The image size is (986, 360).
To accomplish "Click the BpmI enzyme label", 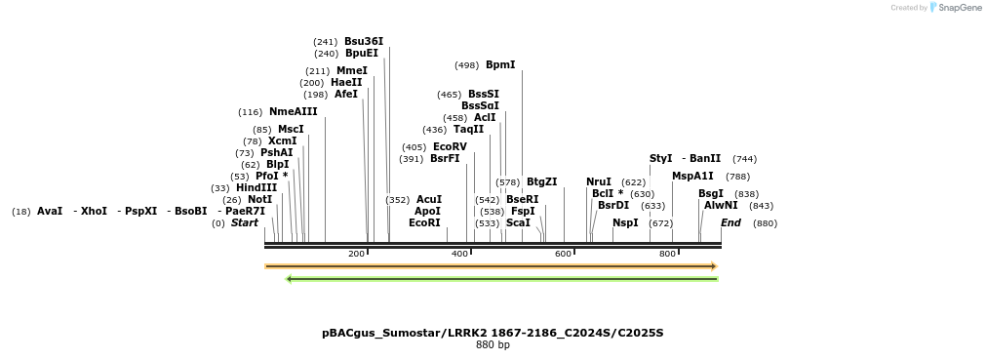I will coord(500,65).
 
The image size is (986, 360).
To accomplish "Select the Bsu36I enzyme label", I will coord(364,41).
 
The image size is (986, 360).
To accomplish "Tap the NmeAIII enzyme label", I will coord(294,112).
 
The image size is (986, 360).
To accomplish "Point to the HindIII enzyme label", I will coord(256,187).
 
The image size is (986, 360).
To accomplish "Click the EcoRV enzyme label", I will coord(450,146).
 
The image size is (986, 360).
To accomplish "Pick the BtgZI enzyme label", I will coord(541,181).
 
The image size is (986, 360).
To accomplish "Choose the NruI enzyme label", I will coord(599,181).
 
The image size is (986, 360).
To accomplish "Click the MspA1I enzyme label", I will coord(692,176).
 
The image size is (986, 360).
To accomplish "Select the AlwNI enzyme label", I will coord(721,205).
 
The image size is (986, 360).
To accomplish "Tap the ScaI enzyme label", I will coord(518,222).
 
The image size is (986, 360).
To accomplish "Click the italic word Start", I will coord(245,222).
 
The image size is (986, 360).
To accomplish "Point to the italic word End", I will coord(730,222).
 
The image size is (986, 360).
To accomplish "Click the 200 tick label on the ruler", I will coord(357,254).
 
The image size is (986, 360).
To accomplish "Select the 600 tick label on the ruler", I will coord(564,254).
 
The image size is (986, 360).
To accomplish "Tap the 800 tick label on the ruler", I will coord(667,254).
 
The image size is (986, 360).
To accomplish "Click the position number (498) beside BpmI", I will coord(467,65).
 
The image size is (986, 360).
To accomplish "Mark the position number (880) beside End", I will coord(766,222).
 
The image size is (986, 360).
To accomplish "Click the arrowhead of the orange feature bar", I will coord(714,266).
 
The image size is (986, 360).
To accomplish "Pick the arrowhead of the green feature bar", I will coord(290,279).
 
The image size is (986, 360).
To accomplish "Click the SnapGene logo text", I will coord(961,8).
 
